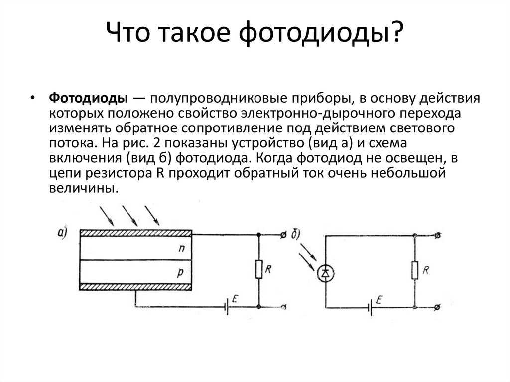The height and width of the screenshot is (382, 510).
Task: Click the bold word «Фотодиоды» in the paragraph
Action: click(89, 98)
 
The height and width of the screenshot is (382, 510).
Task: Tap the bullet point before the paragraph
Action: click(32, 98)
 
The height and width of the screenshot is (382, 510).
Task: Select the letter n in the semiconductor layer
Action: click(181, 248)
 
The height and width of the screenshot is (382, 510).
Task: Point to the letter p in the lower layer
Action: click(181, 273)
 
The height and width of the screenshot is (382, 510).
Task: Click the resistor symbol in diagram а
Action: click(259, 269)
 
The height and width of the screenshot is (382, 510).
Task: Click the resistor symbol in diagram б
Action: click(415, 270)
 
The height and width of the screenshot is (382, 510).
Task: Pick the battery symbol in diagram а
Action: click(227, 307)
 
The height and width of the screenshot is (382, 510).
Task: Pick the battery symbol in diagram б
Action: click(370, 307)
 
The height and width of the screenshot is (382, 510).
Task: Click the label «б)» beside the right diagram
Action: click(296, 234)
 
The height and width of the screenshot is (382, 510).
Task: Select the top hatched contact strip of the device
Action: click(136, 233)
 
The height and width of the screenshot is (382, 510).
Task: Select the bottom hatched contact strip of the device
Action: click(135, 287)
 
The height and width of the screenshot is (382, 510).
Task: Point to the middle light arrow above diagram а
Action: click(130, 216)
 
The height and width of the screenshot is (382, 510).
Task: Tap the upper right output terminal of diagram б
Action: click(438, 235)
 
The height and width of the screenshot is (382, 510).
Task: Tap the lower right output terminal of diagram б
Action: click(438, 307)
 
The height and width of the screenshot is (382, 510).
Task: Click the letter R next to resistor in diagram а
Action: click(268, 269)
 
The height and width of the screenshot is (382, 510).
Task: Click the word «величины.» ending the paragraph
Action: click(83, 188)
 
